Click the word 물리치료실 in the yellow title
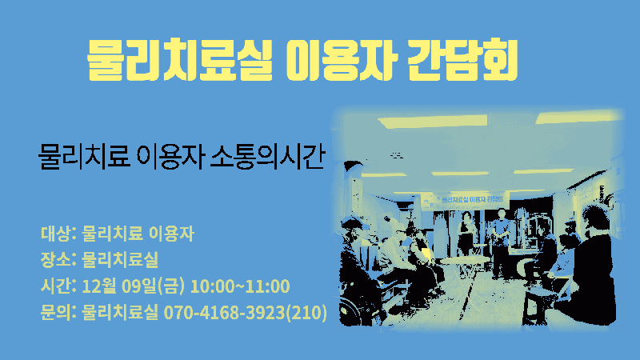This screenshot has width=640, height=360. click(179, 59)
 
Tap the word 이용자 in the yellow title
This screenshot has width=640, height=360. click(341, 59)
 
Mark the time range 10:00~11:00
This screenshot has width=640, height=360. click(240, 286)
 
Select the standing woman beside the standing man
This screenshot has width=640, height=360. click(466, 233)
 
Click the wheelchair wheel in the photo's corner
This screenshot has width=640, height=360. click(351, 311)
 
